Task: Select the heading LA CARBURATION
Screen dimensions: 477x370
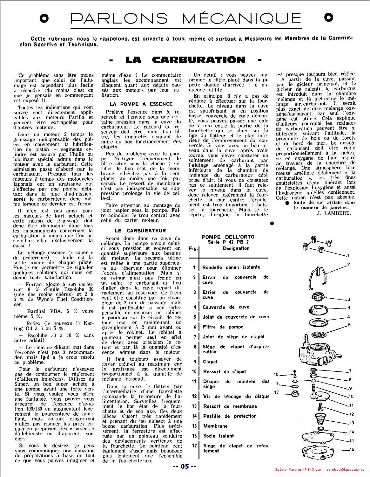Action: [185, 60]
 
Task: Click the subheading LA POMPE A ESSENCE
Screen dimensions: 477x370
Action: [141, 104]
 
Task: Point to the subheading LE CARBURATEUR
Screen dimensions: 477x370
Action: [140, 230]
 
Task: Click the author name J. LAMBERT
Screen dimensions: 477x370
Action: [333, 213]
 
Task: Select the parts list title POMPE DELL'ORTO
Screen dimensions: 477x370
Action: [228, 237]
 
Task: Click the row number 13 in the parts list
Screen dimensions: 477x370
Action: [194, 406]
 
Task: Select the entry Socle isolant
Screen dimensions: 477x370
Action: [218, 436]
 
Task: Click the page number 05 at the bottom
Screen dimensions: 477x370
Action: [185, 467]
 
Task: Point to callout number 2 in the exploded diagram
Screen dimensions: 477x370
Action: [348, 264]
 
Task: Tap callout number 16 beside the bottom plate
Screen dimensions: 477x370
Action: [352, 449]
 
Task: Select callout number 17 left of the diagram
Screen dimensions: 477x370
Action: [276, 392]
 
